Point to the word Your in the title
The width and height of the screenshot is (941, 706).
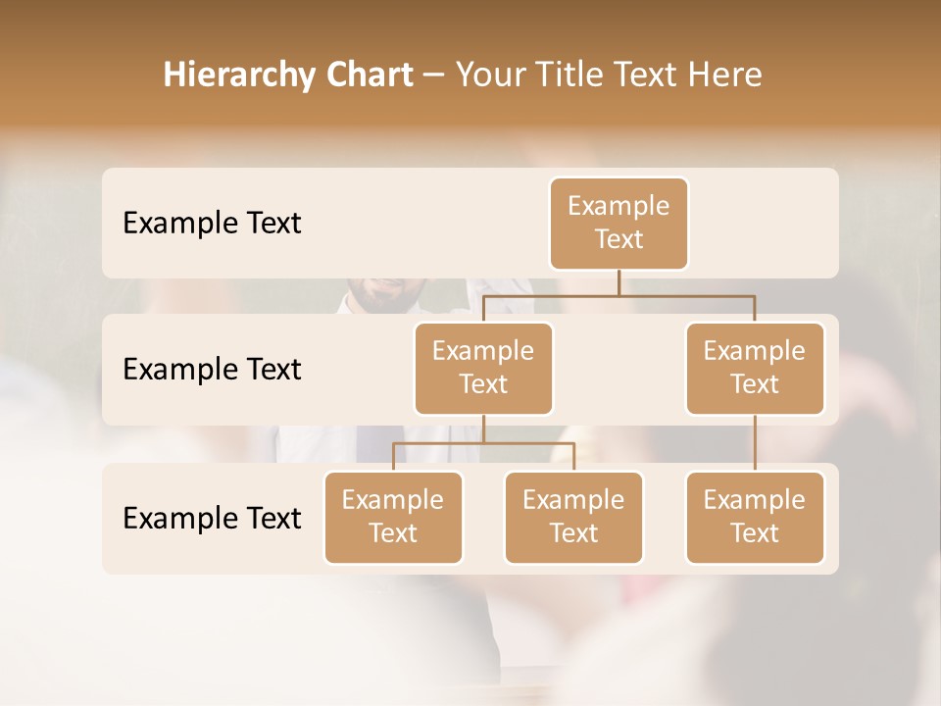pos(488,75)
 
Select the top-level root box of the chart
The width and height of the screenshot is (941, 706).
pos(619,223)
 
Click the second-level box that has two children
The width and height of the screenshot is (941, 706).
pos(483,368)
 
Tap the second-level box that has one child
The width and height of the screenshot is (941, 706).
pos(755,368)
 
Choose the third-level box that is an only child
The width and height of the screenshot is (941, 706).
pos(755,517)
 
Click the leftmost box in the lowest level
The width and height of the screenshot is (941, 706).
pos(393,517)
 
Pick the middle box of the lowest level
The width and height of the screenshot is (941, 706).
pos(573,517)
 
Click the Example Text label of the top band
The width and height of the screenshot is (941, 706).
pos(212,223)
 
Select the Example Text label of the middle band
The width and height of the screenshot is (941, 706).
pos(212,369)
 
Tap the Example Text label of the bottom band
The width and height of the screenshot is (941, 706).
pos(212,517)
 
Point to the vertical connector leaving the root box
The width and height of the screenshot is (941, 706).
pos(619,282)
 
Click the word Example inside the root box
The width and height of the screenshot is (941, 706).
pos(619,206)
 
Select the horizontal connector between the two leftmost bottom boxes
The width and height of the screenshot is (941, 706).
pos(483,443)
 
